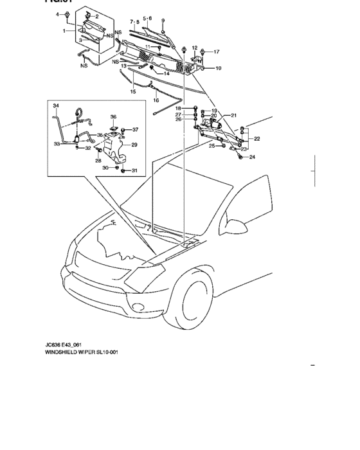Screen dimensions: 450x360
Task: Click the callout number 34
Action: point(55,105)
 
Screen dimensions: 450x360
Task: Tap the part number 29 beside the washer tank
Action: point(134,145)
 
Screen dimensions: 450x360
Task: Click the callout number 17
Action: point(216,51)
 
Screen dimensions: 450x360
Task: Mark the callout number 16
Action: point(156,100)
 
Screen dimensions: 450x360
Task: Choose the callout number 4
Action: point(57,14)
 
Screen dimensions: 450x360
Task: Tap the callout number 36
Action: point(113,117)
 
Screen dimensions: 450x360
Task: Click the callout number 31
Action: point(134,170)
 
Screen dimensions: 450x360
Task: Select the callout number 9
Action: point(163,21)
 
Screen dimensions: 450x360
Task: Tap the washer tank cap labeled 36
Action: point(113,132)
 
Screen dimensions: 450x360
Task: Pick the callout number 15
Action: point(133,92)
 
